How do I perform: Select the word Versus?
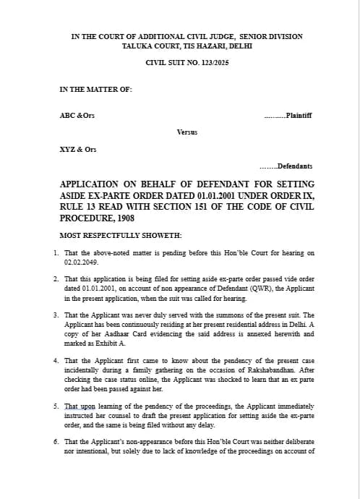(x=187, y=132)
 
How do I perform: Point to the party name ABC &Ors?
(x=77, y=116)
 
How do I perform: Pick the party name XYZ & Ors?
(x=77, y=149)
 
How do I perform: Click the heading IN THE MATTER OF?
(x=95, y=90)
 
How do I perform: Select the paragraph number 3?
(x=56, y=315)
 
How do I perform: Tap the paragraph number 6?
(x=56, y=440)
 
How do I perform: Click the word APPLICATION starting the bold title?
(x=88, y=185)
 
